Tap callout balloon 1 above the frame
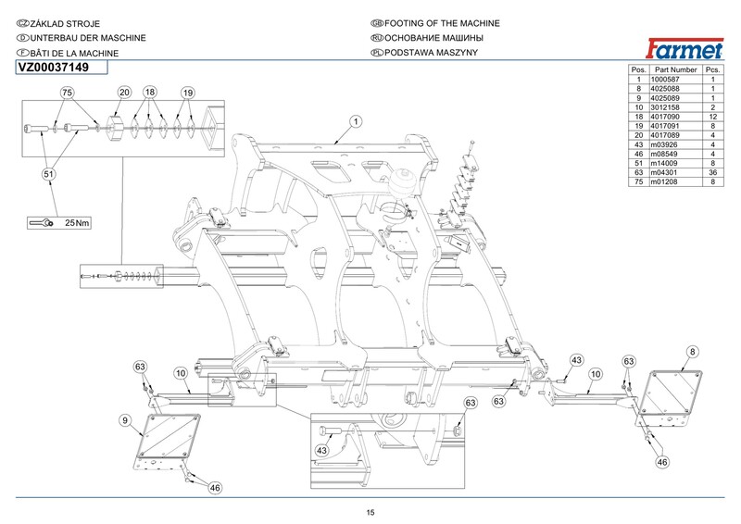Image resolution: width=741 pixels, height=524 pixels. [355, 121]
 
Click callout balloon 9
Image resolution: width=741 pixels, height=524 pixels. [124, 421]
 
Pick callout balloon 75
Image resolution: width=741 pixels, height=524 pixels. [67, 94]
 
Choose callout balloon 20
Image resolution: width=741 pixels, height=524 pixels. [124, 94]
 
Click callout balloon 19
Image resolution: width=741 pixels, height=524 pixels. [187, 94]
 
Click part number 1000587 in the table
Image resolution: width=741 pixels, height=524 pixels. [673, 81]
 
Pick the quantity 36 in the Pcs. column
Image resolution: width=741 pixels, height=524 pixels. [712, 171]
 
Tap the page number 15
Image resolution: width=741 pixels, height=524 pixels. [370, 513]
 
